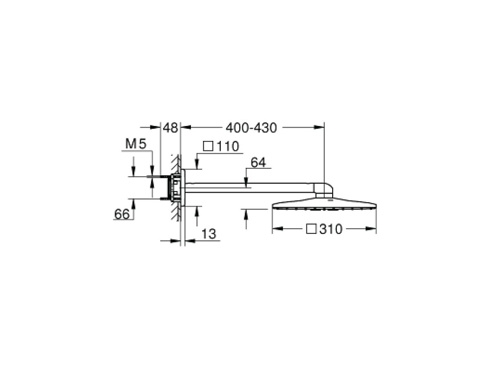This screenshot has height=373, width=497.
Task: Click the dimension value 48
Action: click(x=170, y=128)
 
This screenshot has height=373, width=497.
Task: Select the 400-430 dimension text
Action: click(x=251, y=128)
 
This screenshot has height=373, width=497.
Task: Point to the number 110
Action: click(x=227, y=146)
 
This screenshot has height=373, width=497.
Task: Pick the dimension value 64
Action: click(x=258, y=162)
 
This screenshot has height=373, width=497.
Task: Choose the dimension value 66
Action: click(x=122, y=214)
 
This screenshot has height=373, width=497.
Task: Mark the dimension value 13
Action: click(x=209, y=234)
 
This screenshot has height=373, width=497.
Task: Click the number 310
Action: click(x=331, y=229)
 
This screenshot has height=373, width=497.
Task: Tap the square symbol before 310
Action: click(x=311, y=229)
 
